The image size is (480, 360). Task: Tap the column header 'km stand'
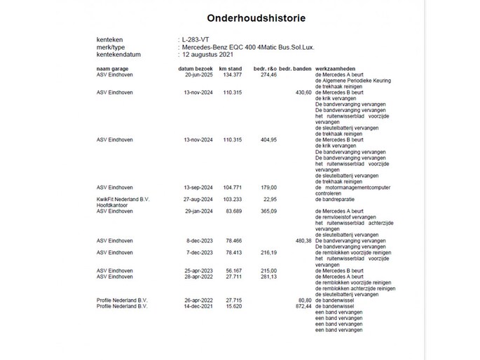[x=230, y=68]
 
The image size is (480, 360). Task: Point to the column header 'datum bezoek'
[x=193, y=68]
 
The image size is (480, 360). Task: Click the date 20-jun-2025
[x=196, y=74]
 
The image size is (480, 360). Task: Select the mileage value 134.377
[x=230, y=74]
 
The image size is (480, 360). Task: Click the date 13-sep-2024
[x=196, y=188]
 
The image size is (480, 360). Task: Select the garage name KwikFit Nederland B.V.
[x=123, y=200]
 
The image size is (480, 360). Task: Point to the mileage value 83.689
[x=231, y=211]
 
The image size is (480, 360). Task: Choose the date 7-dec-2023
[x=197, y=252]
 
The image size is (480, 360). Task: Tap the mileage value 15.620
[x=231, y=306]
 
